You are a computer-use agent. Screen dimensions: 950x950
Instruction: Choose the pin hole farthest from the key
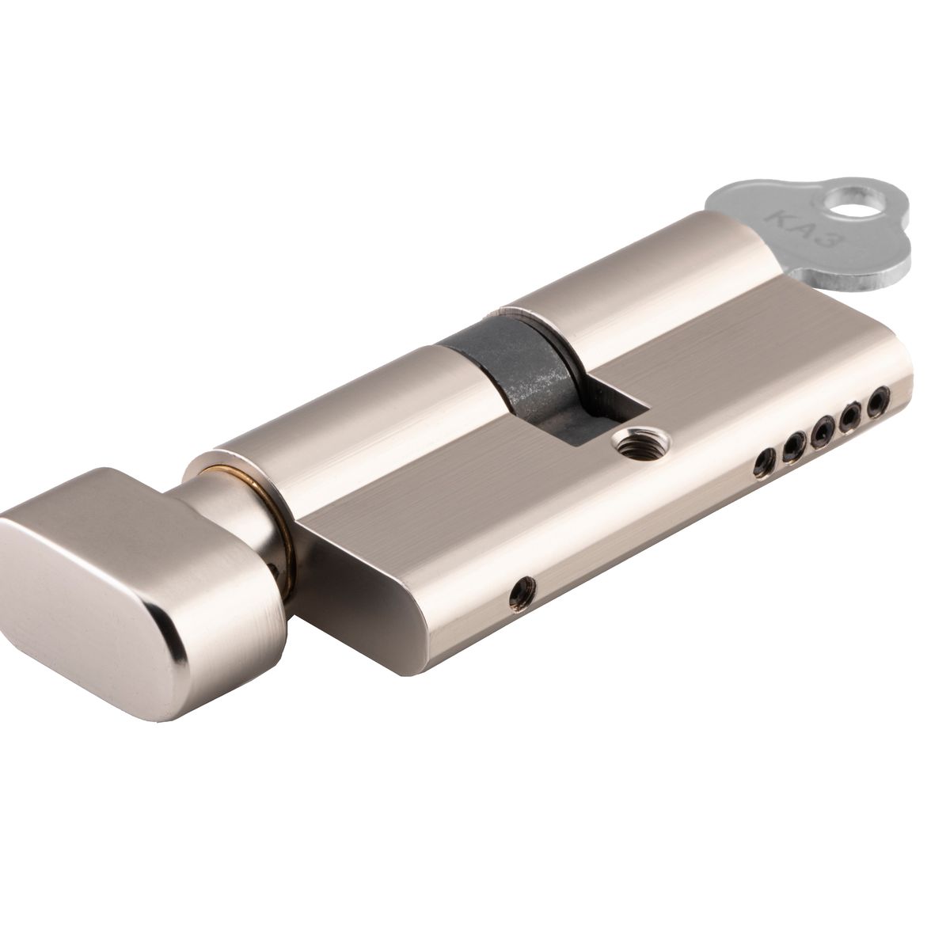[x=764, y=460]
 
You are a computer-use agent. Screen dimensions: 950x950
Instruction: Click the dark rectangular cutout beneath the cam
[x=602, y=396]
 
